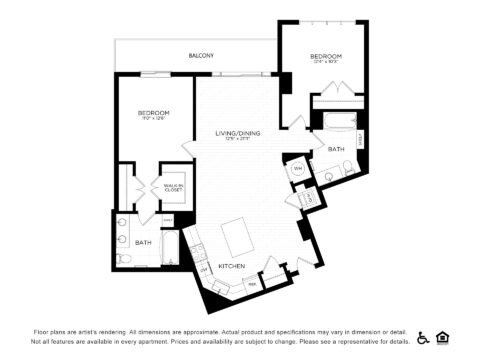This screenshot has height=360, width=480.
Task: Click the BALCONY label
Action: coord(201,56)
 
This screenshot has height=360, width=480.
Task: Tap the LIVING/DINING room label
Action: coord(238,134)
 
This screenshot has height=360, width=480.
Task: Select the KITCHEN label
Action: coord(232,266)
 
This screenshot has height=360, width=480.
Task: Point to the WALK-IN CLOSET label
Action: coord(173,188)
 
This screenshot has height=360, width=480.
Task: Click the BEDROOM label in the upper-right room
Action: coord(326,57)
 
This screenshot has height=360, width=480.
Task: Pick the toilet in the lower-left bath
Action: coord(121,258)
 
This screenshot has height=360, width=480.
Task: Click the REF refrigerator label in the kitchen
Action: coord(252,284)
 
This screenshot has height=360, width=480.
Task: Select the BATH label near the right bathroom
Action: coord(336,150)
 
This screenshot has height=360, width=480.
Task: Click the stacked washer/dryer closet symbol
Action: coord(308,197)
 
